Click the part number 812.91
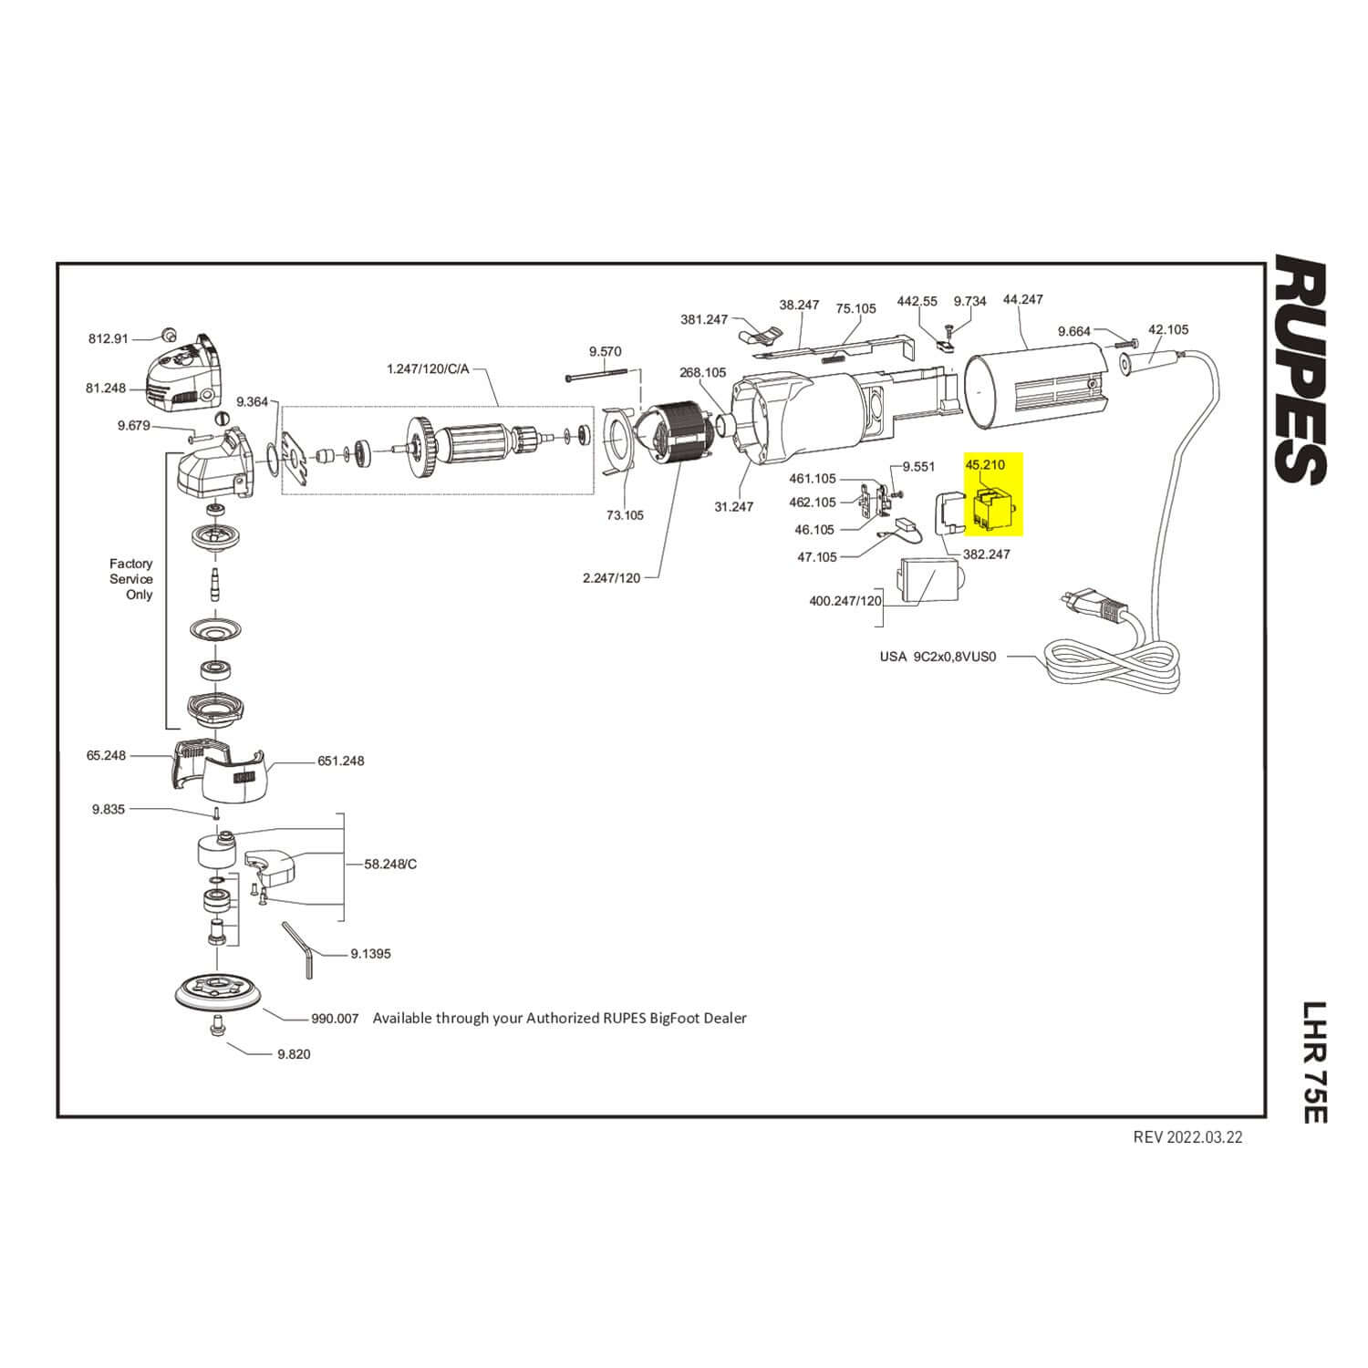tap(108, 338)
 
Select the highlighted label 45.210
tap(985, 465)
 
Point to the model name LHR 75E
tap(1313, 1062)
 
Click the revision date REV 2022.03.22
tap(1187, 1137)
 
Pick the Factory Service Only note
tap(131, 579)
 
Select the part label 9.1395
tap(370, 954)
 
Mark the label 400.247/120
tap(845, 601)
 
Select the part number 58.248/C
tap(390, 864)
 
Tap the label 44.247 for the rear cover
tap(1022, 299)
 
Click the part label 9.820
tap(294, 1054)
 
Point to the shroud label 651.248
tap(341, 761)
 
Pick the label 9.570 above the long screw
tap(605, 351)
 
